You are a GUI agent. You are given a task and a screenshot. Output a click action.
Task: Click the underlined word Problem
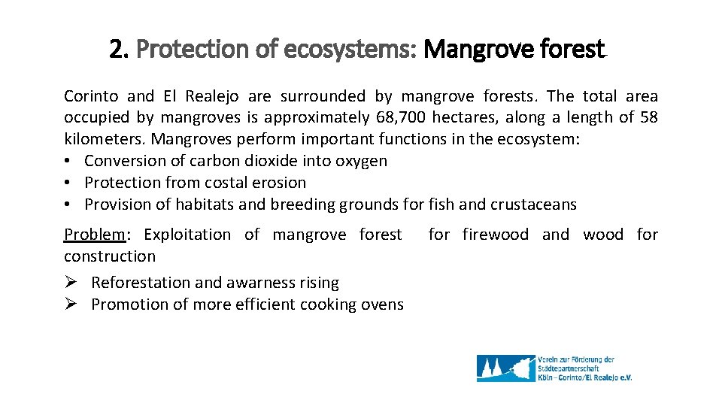95,235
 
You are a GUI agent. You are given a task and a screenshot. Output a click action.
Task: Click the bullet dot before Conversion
68,161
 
